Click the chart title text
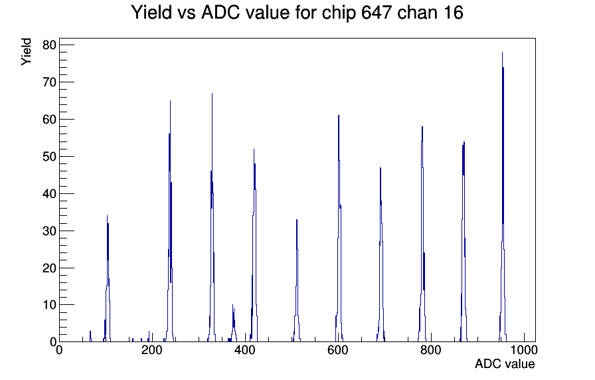point(297,13)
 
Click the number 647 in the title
point(377,13)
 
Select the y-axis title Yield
point(26,52)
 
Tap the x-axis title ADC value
point(505,363)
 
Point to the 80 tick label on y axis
point(49,45)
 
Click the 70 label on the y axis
point(49,82)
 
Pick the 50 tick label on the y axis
point(49,156)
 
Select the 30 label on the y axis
point(49,231)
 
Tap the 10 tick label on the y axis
point(49,305)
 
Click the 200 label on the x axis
point(152,349)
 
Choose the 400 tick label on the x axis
point(245,349)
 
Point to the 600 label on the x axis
point(338,349)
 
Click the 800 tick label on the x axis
point(431,349)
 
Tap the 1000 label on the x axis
point(524,349)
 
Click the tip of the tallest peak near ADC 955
point(502,52)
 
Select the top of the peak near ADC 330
point(212,94)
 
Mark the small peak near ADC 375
point(233,305)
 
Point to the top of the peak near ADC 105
point(107,216)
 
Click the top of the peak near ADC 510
point(297,220)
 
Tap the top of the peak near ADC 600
point(339,116)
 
